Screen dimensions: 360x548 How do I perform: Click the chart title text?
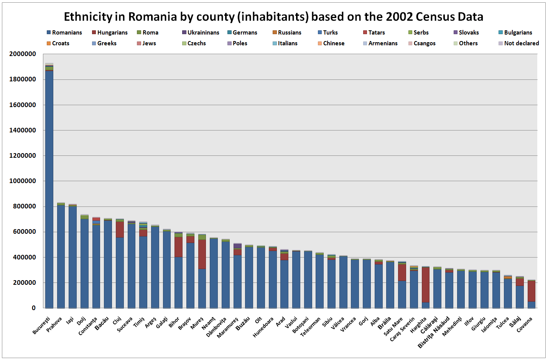(x=273, y=17)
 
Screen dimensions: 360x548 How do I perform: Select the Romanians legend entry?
(x=64, y=33)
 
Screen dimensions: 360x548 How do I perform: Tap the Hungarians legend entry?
(x=110, y=33)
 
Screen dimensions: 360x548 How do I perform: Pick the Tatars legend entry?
(x=374, y=33)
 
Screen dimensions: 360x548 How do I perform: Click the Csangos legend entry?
(x=422, y=43)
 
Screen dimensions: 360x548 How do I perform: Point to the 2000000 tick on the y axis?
(x=23, y=54)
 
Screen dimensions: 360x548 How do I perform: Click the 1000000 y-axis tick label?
(x=23, y=181)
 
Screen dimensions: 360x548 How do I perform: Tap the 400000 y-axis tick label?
(x=24, y=257)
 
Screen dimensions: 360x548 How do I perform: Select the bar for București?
(x=49, y=192)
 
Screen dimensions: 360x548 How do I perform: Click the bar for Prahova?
(x=61, y=257)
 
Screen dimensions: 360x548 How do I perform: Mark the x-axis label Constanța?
(x=88, y=326)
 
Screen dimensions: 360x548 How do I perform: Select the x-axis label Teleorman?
(x=311, y=327)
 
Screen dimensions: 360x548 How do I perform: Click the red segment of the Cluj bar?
(x=120, y=229)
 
